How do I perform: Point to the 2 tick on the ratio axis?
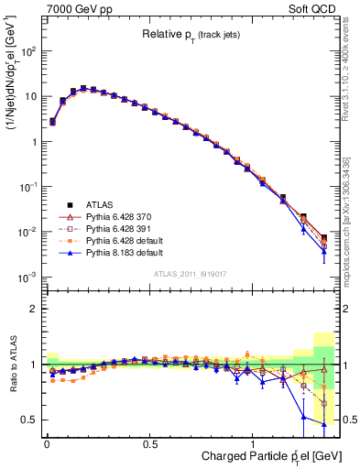pyautogui.click(x=35, y=309)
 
